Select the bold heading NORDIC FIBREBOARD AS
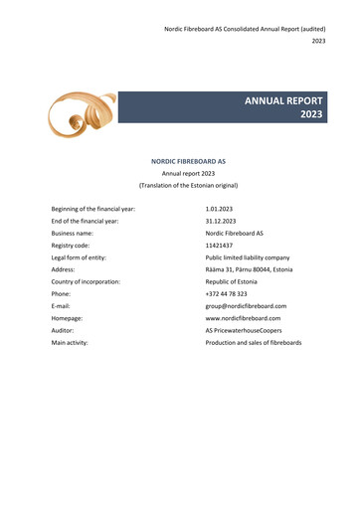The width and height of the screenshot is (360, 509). pyautogui.click(x=188, y=160)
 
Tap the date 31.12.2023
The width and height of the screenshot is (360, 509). pyautogui.click(x=220, y=221)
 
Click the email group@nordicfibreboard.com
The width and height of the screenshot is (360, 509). pyautogui.click(x=246, y=306)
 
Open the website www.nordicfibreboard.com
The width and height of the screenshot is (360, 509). pyautogui.click(x=243, y=318)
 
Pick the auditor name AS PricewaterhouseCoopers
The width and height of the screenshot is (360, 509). pyautogui.click(x=244, y=330)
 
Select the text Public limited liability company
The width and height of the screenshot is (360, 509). pyautogui.click(x=248, y=257)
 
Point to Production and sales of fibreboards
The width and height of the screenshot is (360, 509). pyautogui.click(x=253, y=342)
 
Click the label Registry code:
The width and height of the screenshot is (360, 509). pyautogui.click(x=71, y=245)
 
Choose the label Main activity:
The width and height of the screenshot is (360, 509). pyautogui.click(x=70, y=342)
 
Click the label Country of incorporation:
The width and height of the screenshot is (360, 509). pyautogui.click(x=86, y=281)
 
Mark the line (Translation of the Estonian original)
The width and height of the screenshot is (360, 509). pyautogui.click(x=187, y=185)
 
